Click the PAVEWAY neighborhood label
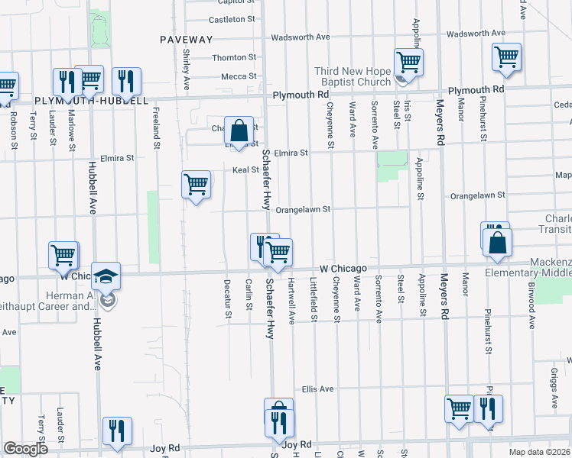tap(187, 39)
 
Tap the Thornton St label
tap(233, 57)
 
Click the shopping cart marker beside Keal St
tap(196, 184)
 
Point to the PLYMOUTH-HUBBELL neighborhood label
tap(91, 101)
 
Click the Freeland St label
tap(156, 128)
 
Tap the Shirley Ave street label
tap(187, 57)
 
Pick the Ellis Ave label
tap(317, 389)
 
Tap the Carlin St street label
tap(249, 295)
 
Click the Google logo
tap(25, 449)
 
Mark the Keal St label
tap(245, 169)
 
